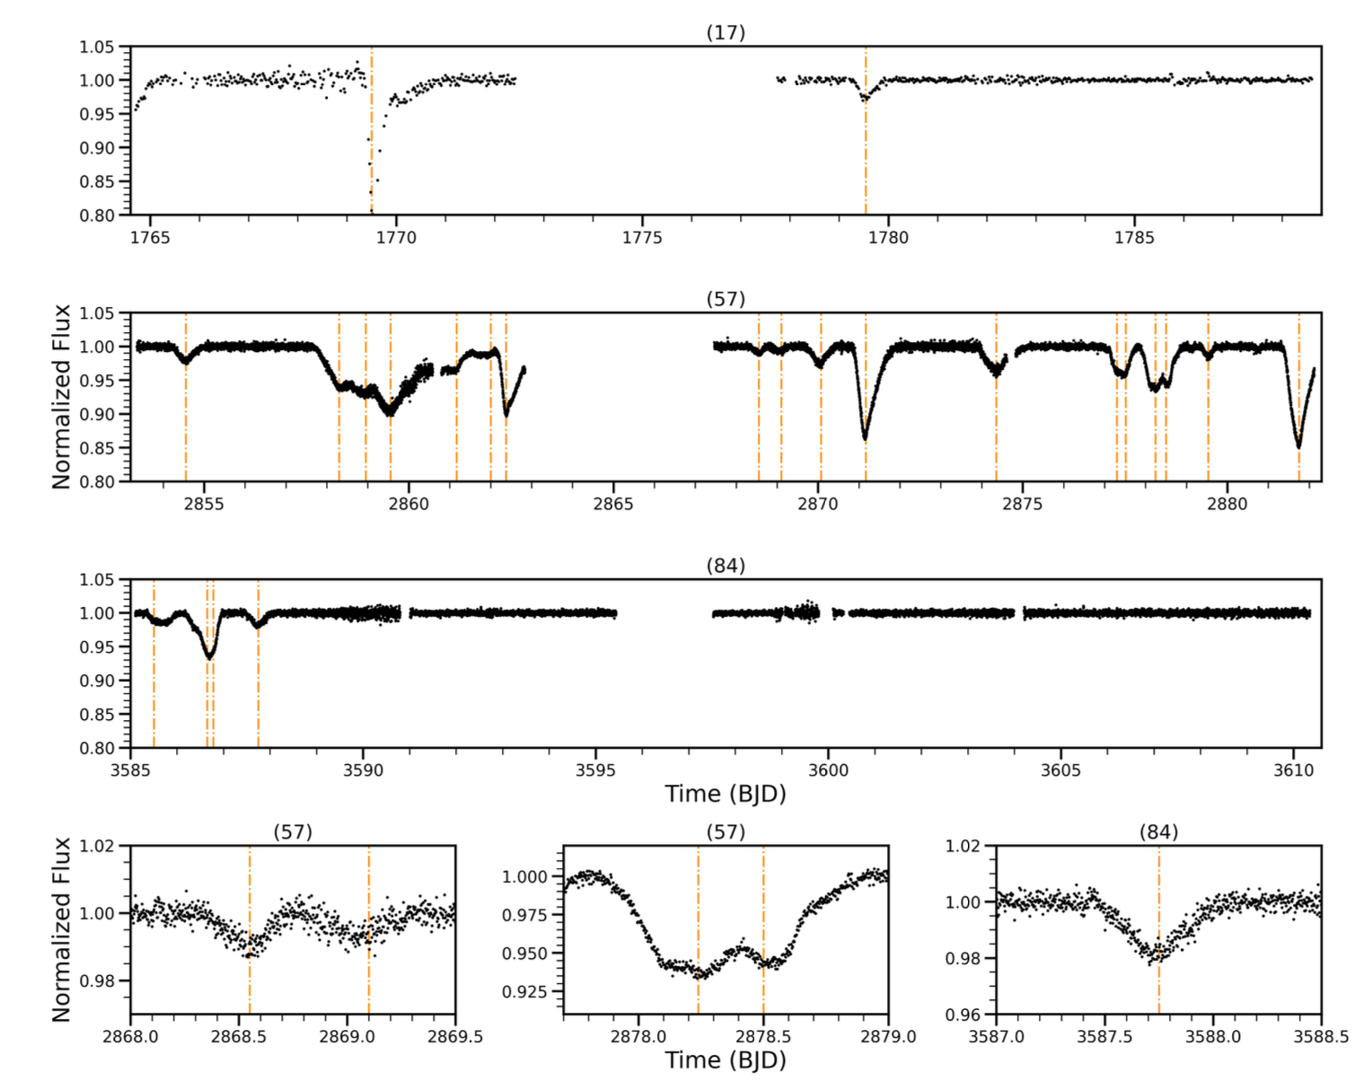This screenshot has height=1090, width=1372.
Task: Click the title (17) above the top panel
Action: click(x=726, y=32)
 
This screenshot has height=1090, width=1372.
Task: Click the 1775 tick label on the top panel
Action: click(x=642, y=238)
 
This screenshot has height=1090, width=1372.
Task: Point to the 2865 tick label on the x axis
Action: click(x=613, y=504)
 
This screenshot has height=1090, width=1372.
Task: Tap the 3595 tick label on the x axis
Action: click(x=595, y=770)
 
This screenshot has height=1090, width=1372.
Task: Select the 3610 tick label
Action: click(x=1294, y=770)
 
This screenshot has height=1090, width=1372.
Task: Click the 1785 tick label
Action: click(x=1134, y=238)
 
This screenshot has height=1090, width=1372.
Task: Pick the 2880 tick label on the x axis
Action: click(x=1227, y=504)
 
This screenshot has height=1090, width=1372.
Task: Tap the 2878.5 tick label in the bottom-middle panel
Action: click(x=763, y=1036)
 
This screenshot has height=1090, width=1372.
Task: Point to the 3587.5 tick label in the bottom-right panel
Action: click(x=1104, y=1036)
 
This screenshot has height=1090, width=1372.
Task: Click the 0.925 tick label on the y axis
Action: click(x=530, y=992)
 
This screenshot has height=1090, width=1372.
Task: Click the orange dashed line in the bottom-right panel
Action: click(x=1158, y=988)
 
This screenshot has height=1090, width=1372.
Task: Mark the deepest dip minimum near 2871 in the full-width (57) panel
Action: click(x=866, y=438)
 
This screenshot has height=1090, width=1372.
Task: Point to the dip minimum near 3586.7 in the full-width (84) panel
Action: click(x=209, y=657)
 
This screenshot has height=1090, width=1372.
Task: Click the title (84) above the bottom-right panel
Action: click(x=1158, y=832)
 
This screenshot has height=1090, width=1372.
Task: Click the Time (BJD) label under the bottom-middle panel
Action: click(x=726, y=1060)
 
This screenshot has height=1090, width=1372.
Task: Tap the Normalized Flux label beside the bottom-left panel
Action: click(x=61, y=929)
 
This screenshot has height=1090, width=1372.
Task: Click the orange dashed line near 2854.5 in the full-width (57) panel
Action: click(x=186, y=422)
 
